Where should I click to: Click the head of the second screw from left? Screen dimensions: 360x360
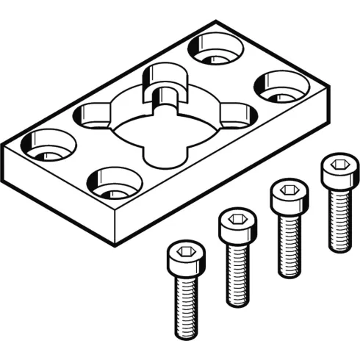[x=237, y=225]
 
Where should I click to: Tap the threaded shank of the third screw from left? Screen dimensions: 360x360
[x=289, y=242]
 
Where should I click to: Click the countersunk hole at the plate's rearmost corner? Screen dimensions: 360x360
[x=215, y=49]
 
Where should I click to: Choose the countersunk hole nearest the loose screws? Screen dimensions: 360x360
[x=114, y=183]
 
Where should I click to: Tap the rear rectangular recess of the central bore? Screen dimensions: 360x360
[x=165, y=79]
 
